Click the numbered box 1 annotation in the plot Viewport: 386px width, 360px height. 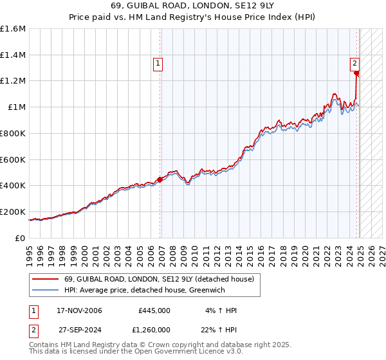click(x=158, y=63)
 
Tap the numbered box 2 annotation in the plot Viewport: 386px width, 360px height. click(x=354, y=63)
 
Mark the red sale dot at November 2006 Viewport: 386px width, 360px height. click(x=160, y=179)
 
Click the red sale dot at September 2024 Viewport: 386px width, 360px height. click(x=356, y=73)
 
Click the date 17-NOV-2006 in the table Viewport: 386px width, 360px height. click(x=80, y=310)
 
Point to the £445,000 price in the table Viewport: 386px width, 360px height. click(x=154, y=310)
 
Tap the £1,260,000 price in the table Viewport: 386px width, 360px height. click(x=151, y=329)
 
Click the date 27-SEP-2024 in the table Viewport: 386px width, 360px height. click(x=80, y=329)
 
